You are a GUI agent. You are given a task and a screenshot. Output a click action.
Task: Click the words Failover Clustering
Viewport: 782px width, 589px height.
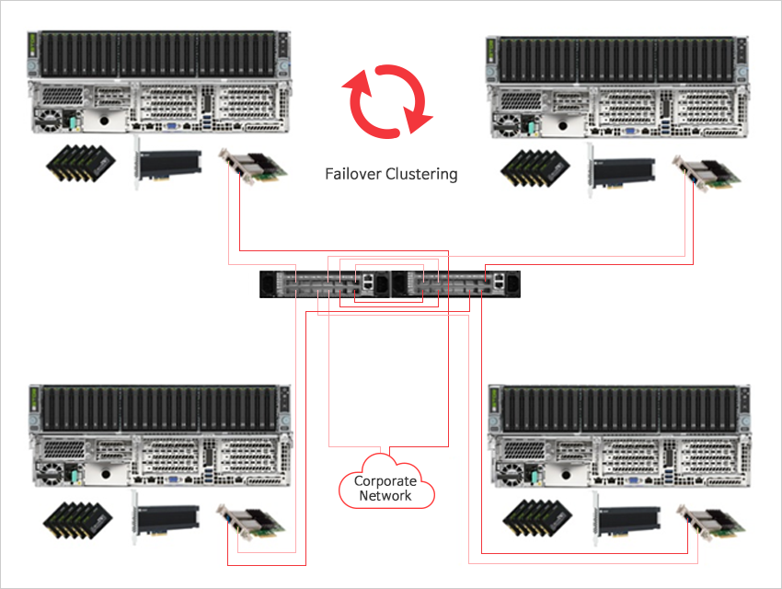click(x=391, y=174)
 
